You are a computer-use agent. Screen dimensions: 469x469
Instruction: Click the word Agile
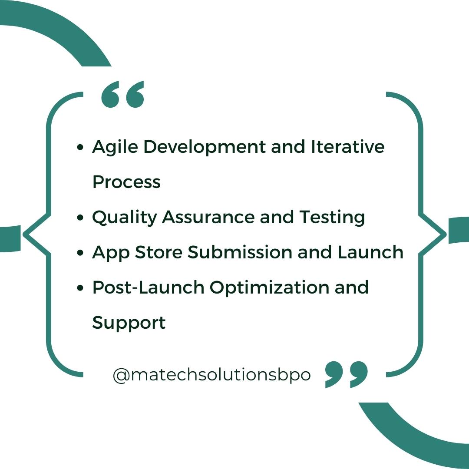115,148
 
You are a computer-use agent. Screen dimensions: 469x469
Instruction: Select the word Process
126,182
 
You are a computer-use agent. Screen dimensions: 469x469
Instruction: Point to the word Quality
124,218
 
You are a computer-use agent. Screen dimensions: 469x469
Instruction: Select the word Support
129,323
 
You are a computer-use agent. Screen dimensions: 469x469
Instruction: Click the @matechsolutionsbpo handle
211,374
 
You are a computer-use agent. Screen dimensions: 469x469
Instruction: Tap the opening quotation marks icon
122,95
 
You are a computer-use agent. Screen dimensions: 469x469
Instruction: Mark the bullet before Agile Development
80,148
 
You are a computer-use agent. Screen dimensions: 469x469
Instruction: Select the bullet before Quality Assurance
80,218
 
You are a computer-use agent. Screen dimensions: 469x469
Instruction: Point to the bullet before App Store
80,253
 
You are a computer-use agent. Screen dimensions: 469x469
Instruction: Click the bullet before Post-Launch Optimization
80,288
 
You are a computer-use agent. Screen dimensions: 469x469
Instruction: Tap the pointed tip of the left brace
24,234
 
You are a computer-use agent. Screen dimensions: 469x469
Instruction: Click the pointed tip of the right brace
445,234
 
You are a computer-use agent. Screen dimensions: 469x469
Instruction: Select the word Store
162,252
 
